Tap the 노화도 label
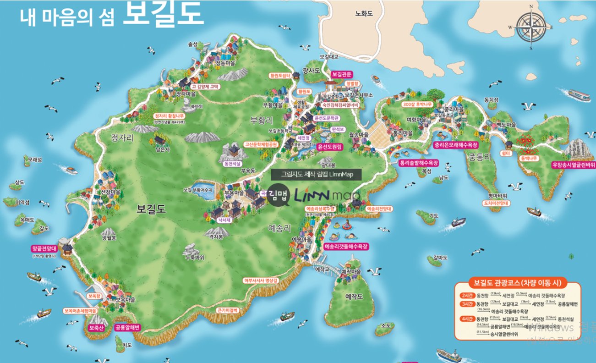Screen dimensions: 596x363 click(364, 14)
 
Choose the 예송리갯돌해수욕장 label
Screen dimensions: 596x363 click(346, 246)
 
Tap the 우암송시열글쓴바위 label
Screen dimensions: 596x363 click(574, 164)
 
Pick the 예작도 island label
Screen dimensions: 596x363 click(354, 297)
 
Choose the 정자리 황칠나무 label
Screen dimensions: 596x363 click(170, 116)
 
